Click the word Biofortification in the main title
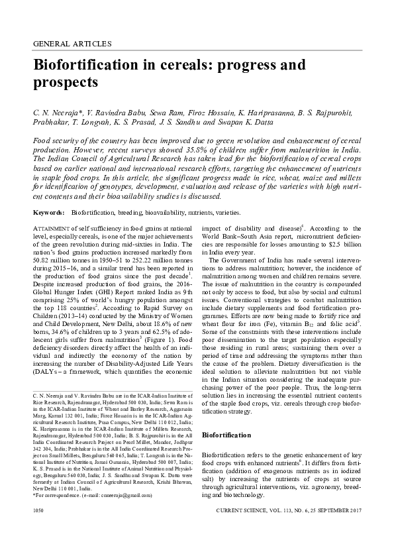pyautogui.click(x=95, y=66)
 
